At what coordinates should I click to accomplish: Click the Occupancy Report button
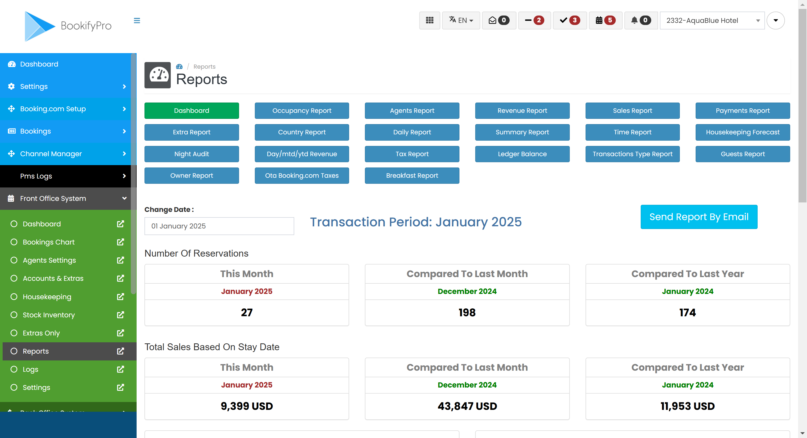(x=302, y=110)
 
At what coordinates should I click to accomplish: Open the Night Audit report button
(x=192, y=154)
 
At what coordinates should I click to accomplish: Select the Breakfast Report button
(x=412, y=176)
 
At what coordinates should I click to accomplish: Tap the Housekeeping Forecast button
(x=742, y=132)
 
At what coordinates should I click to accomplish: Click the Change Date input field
(x=219, y=226)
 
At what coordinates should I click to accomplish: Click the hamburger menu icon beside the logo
(x=137, y=21)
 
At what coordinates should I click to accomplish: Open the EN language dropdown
(x=461, y=21)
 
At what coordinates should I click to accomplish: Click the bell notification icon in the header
(x=634, y=21)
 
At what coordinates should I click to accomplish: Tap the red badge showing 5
(x=610, y=21)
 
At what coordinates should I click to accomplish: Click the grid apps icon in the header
(x=430, y=21)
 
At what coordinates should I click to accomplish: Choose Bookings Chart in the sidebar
(x=49, y=242)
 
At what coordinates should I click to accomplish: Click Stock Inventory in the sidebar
(x=49, y=315)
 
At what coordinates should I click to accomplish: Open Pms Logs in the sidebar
(x=36, y=176)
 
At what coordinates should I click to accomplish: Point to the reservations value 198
(x=467, y=312)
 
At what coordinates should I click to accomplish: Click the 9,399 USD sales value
(x=247, y=406)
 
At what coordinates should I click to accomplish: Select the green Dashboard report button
(x=192, y=110)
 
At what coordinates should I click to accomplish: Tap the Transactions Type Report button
(x=632, y=154)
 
